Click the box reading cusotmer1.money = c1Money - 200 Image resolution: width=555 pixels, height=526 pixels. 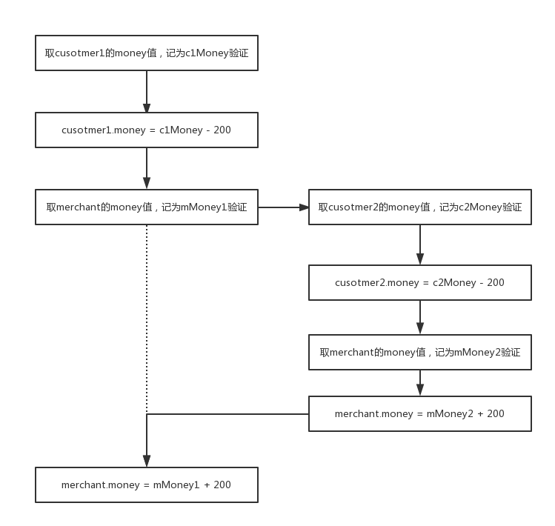(147, 130)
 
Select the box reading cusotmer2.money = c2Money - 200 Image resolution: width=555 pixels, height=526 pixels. (420, 282)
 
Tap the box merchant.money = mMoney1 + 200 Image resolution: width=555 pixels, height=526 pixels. (147, 485)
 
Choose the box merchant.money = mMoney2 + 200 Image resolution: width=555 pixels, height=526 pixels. (420, 413)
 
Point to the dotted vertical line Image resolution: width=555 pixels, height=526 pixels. (147, 319)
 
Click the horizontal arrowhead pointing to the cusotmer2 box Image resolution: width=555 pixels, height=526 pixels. (304, 207)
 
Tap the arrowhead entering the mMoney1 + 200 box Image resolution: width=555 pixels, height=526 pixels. (147, 462)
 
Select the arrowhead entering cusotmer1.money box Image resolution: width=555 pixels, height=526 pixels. (147, 107)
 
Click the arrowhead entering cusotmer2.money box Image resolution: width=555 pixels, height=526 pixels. (420, 259)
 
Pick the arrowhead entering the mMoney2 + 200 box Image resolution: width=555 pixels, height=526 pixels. (420, 390)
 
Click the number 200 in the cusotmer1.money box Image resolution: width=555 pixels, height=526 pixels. (222, 130)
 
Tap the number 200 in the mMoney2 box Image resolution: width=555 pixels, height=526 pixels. (496, 413)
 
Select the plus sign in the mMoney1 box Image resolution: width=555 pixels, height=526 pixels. (207, 485)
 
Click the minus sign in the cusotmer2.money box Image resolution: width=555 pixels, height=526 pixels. (482, 283)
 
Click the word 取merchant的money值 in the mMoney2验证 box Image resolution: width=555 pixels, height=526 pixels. (373, 352)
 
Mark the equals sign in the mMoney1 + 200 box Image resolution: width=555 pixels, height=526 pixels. (147, 485)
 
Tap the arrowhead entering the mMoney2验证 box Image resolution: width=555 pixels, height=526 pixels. (420, 329)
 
